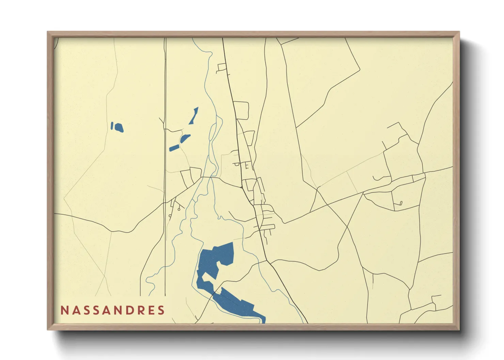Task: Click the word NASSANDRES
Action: (x=113, y=310)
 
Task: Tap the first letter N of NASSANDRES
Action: (x=64, y=310)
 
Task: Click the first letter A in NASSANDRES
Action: (x=75, y=310)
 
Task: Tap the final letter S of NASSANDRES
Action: (x=161, y=310)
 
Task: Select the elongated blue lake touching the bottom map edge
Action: (x=238, y=305)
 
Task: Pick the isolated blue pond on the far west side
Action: (x=119, y=128)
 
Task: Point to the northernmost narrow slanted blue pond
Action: (x=194, y=116)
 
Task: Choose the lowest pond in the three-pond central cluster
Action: (x=174, y=148)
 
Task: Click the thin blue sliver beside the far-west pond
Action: (x=112, y=126)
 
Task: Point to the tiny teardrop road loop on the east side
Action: (x=401, y=203)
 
